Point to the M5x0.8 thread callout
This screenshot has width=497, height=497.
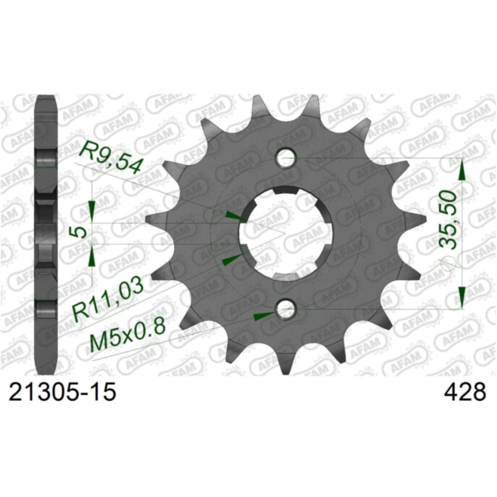[x=123, y=335]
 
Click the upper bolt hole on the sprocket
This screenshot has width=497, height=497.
[x=287, y=157]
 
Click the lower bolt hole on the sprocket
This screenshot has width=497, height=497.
[x=287, y=310]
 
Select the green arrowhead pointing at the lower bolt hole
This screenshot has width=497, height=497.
[x=264, y=315]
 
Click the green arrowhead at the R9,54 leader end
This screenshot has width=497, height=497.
[x=234, y=216]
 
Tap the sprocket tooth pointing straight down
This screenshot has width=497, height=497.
[x=286, y=364]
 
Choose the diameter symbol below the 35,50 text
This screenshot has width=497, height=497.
[x=447, y=263]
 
